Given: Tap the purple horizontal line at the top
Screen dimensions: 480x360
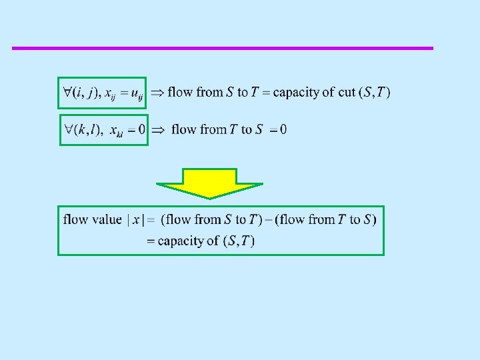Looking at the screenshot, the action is point(223,48).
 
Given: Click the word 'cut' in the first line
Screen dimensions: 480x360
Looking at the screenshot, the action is point(347,93).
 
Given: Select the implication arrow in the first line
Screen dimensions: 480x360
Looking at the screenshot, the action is point(157,93).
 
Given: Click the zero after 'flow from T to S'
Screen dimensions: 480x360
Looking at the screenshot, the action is point(283,129).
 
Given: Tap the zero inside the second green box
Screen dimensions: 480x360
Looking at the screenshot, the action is point(141,129).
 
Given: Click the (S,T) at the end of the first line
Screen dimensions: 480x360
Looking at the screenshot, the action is point(374,93).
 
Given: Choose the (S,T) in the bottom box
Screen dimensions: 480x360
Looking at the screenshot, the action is point(239,241).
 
